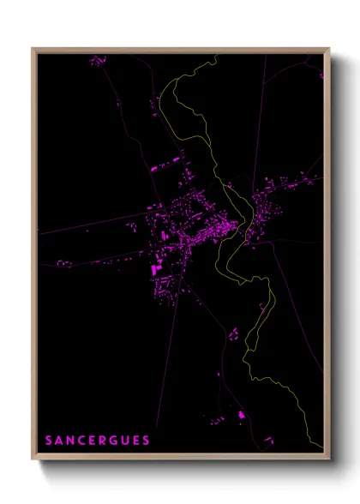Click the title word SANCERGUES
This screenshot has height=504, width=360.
pyautogui.click(x=98, y=441)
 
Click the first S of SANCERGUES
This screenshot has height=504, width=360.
pyautogui.click(x=50, y=441)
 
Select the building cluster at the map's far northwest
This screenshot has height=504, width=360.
pyautogui.click(x=98, y=61)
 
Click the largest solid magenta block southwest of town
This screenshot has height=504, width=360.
pyautogui.click(x=155, y=268)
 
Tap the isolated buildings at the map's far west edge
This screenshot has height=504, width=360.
pyautogui.click(x=63, y=261)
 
